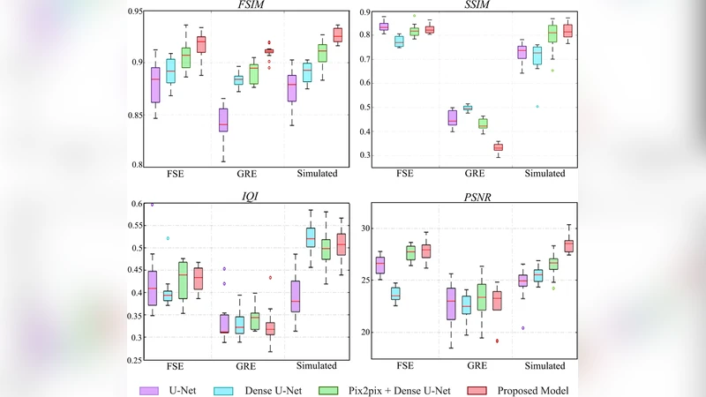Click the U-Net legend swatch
[x=148, y=388]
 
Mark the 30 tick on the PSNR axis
[x=359, y=228]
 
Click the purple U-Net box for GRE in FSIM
[x=223, y=120]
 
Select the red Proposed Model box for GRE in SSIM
[x=498, y=146]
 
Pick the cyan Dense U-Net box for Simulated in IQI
[x=311, y=237]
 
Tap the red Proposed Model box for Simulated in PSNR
[x=569, y=246]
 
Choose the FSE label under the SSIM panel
[x=406, y=174]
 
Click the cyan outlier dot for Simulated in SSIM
[x=537, y=107]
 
